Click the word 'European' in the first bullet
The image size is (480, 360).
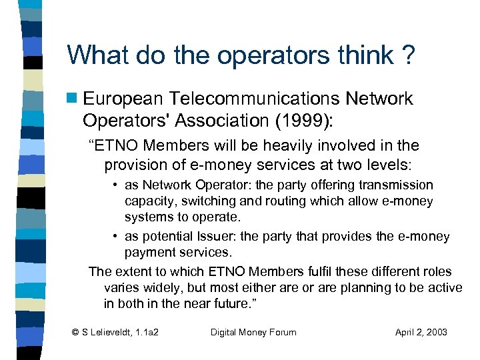click(123, 99)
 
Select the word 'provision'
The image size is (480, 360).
click(136, 163)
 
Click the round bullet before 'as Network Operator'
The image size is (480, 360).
click(116, 185)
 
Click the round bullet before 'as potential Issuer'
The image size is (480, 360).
click(116, 237)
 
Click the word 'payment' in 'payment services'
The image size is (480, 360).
click(148, 253)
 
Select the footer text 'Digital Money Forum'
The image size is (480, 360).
click(253, 332)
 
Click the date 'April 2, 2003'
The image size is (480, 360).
click(421, 332)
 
